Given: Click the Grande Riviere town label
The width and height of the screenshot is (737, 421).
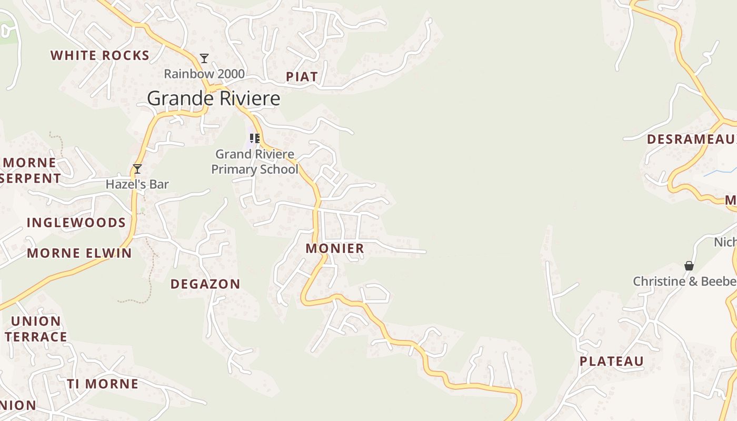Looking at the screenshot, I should (213, 98).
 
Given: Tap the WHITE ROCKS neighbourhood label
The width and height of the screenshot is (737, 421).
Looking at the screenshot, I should (100, 55).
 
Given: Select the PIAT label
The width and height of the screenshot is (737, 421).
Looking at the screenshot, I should (302, 77).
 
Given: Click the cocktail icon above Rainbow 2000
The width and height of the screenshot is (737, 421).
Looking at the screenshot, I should (204, 58).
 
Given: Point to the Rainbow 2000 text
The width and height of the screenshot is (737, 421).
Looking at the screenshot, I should (204, 74).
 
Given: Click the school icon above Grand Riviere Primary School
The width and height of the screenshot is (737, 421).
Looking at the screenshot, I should (255, 138).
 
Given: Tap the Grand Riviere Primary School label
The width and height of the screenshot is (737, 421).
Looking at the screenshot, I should (255, 162).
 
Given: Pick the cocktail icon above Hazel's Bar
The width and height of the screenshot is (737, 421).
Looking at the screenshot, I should (137, 169).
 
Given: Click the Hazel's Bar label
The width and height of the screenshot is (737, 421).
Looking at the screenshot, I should (137, 184).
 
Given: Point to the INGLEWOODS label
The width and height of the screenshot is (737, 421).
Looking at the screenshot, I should (76, 223).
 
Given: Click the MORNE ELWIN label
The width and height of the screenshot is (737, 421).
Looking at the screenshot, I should (79, 253).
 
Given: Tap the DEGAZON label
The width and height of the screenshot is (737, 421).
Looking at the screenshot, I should (205, 284).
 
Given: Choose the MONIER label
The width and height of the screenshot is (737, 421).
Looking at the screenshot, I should (335, 248).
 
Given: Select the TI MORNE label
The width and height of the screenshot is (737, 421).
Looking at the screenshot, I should (103, 384).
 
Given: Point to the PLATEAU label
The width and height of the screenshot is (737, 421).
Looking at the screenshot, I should (612, 361).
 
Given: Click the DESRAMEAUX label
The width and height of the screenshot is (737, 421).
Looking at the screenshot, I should (691, 139).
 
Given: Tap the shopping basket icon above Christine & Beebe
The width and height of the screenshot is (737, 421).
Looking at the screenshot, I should (689, 266).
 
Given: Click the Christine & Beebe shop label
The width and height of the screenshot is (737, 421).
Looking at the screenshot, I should (684, 281).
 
